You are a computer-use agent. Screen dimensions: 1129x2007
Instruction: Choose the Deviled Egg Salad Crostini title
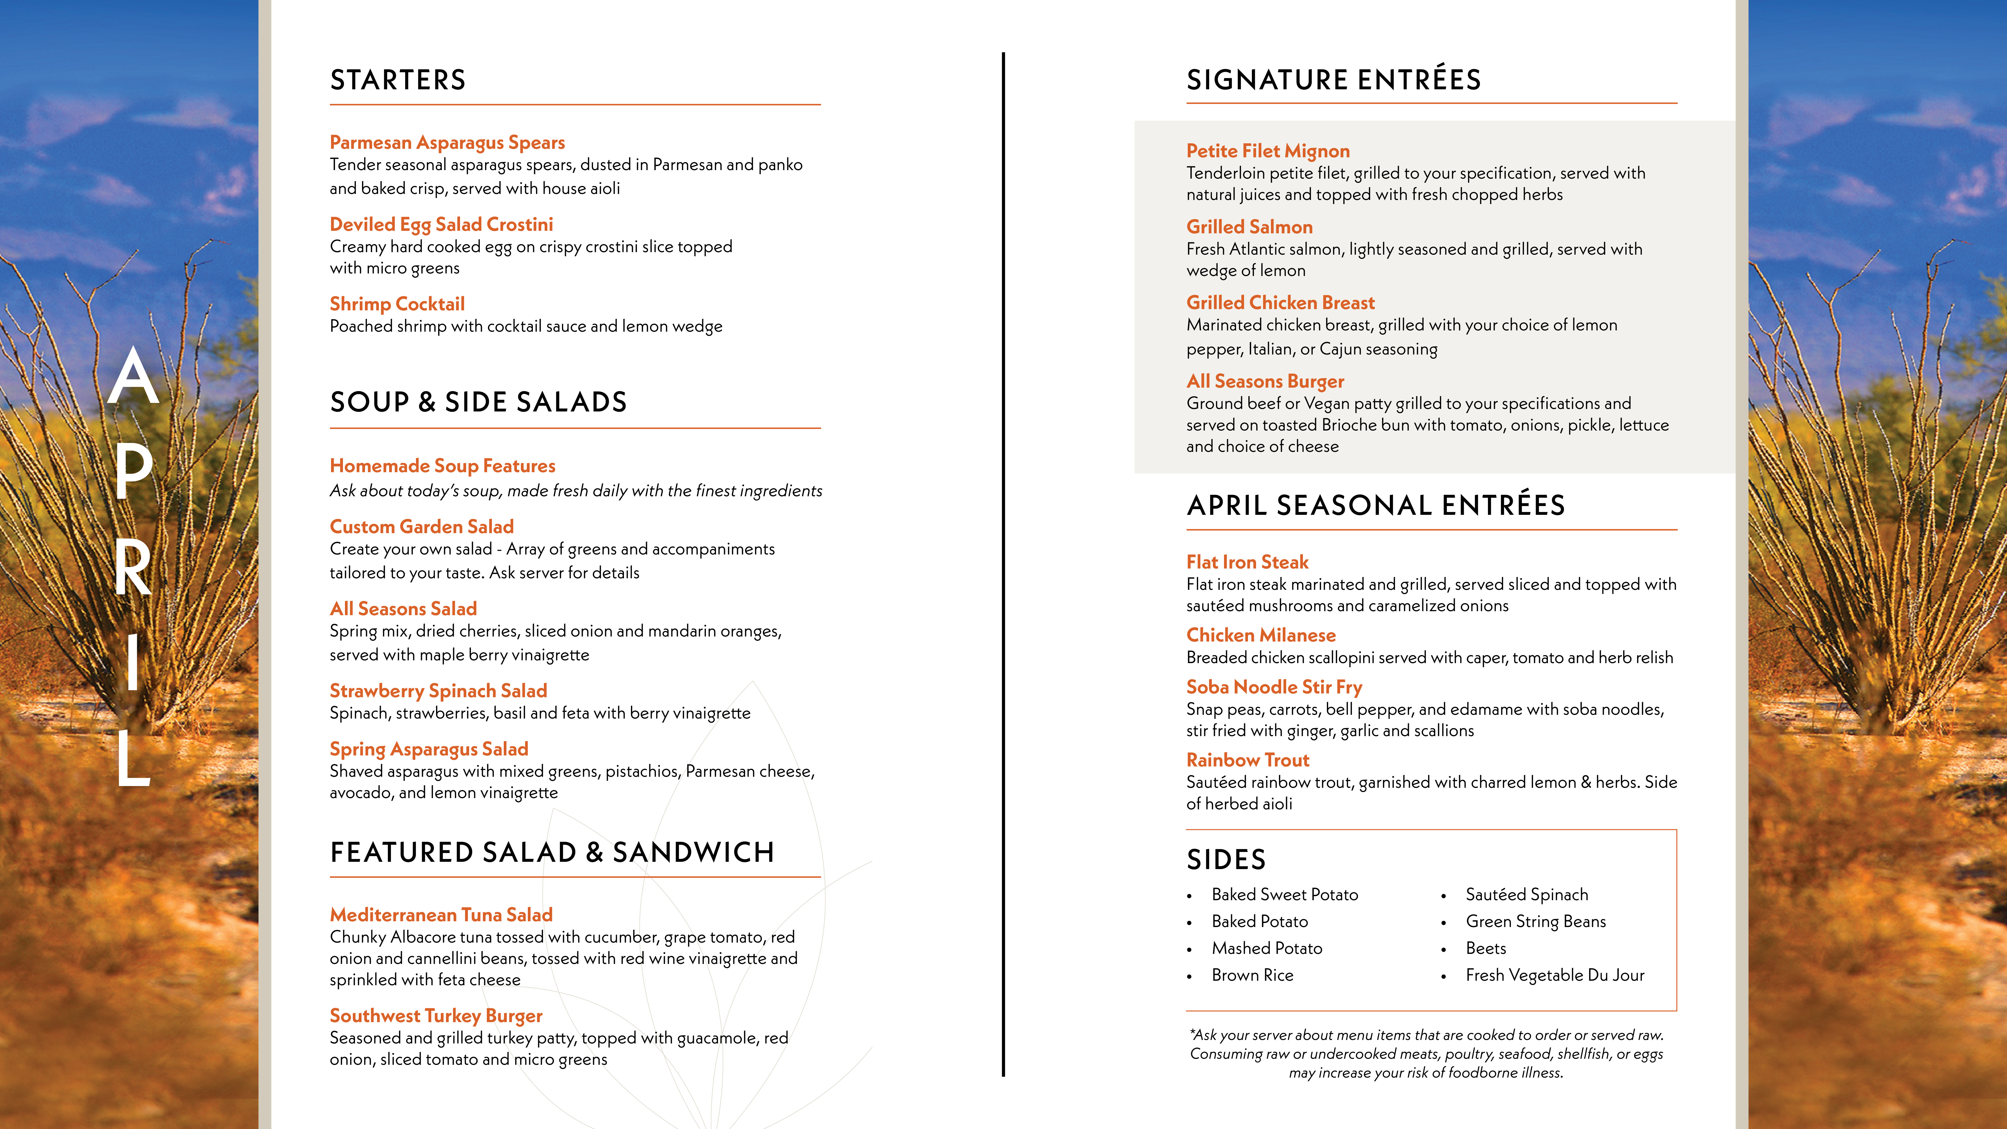tap(441, 224)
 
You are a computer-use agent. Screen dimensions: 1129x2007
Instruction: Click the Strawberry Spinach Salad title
tap(438, 691)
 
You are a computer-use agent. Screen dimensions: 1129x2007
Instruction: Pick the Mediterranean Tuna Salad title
tap(441, 915)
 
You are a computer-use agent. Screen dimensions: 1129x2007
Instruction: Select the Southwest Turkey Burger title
tap(436, 1016)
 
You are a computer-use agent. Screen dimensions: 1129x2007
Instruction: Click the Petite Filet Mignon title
tap(1268, 151)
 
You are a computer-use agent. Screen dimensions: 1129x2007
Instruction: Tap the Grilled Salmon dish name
tap(1249, 227)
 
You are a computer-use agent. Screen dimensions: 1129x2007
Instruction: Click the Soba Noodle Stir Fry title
tap(1274, 687)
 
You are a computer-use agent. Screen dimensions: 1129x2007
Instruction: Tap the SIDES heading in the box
tap(1226, 859)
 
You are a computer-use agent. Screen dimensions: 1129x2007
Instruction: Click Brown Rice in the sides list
tap(1252, 975)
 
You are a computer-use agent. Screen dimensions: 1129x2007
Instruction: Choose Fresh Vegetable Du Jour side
tap(1554, 975)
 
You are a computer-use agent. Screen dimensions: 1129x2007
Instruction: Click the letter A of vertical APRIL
tap(133, 377)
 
